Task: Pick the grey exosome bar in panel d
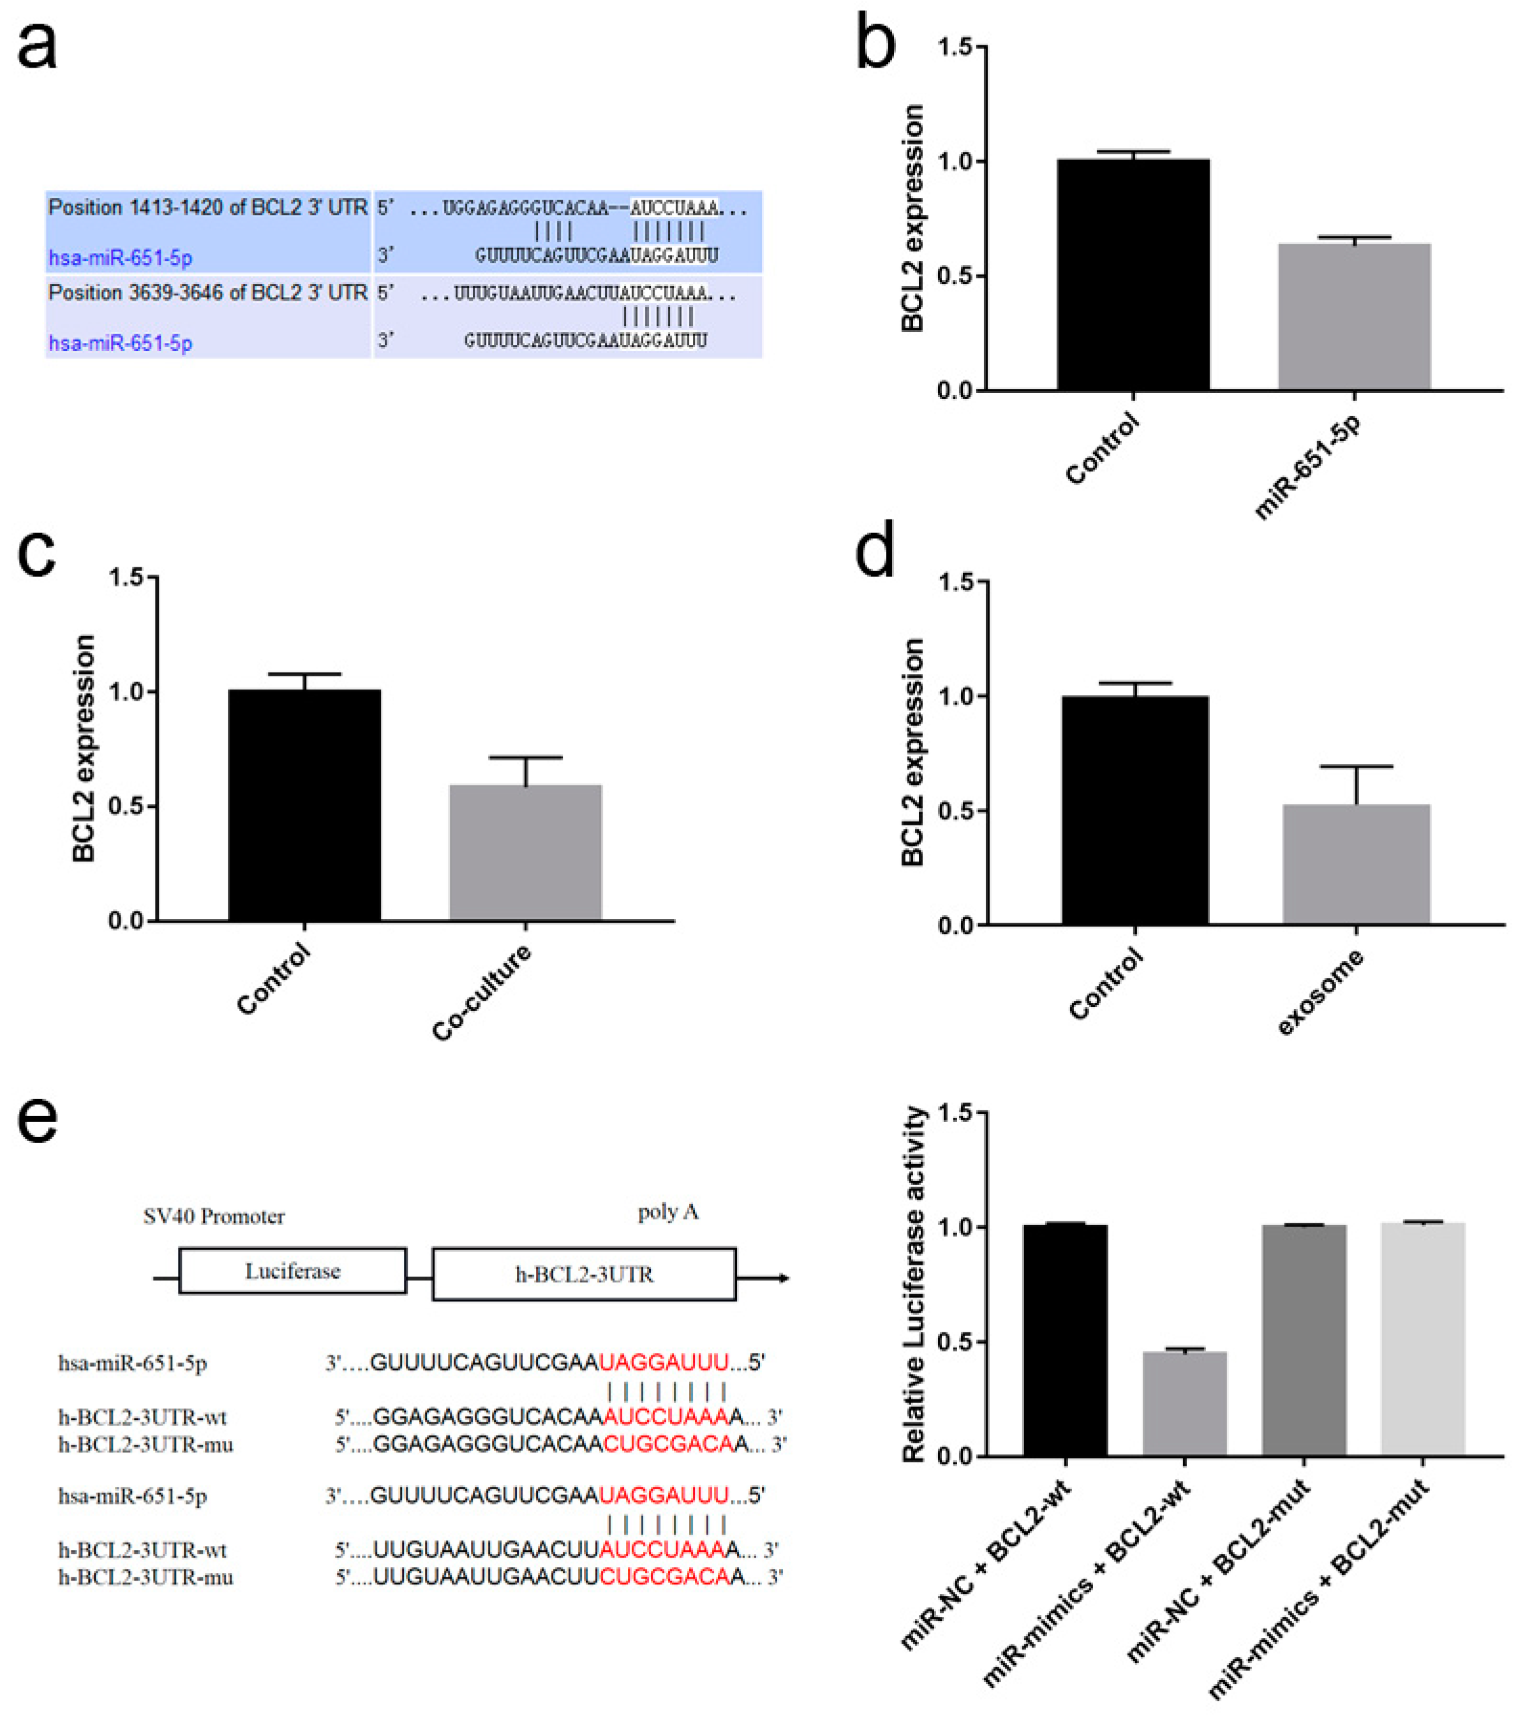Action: (x=1355, y=865)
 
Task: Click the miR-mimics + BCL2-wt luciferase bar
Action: (x=1184, y=1404)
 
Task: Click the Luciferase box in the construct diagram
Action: (x=292, y=1270)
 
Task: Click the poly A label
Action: (x=667, y=1212)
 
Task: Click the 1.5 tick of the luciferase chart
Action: (x=957, y=1113)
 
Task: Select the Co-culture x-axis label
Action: (x=482, y=994)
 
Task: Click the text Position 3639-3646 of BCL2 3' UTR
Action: (x=208, y=293)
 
